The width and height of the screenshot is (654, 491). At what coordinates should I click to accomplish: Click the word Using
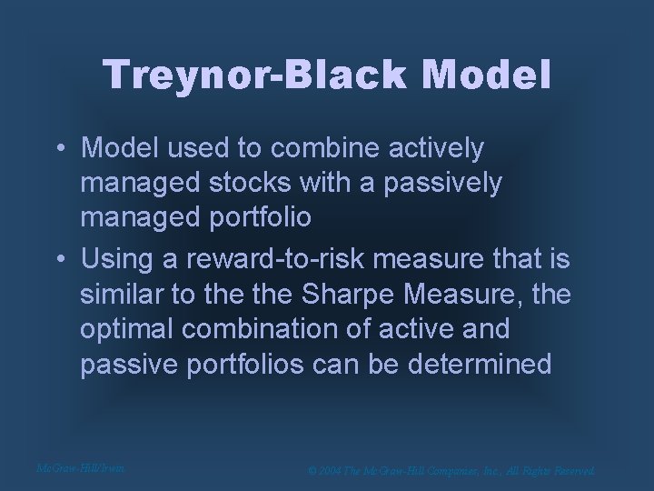(x=118, y=259)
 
